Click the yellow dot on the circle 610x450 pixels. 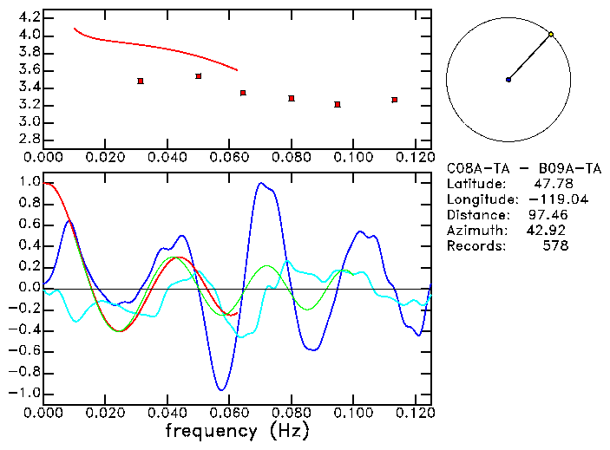point(551,35)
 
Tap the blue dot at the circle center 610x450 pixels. point(508,80)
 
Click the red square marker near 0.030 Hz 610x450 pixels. point(141,81)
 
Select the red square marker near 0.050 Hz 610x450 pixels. point(199,76)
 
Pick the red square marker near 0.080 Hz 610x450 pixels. point(292,99)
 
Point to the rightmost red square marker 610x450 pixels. point(395,100)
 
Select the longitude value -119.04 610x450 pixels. point(547,199)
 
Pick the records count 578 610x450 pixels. point(556,246)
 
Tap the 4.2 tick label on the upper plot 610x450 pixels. point(30,17)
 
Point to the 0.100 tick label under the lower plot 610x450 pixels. point(353,413)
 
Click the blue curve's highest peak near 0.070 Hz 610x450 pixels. point(260,183)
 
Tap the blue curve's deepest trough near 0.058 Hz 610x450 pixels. point(223,389)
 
